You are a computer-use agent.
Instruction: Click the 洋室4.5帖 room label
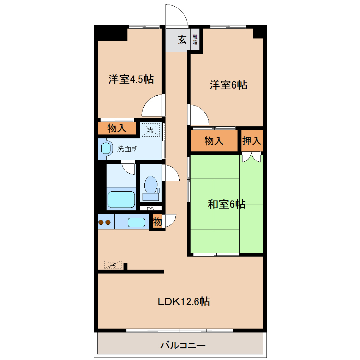click(131, 79)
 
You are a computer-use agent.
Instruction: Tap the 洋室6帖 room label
click(228, 85)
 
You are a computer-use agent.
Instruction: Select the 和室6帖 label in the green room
click(227, 204)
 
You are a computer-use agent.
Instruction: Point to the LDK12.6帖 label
click(184, 302)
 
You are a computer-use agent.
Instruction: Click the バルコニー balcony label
click(183, 345)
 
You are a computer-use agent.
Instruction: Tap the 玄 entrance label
click(182, 40)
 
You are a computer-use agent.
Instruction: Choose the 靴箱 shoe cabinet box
click(195, 40)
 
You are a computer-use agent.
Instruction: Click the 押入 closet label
click(252, 141)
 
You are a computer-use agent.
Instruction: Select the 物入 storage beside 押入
click(214, 141)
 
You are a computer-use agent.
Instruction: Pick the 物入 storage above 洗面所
click(117, 128)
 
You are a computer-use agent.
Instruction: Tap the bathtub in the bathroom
click(121, 200)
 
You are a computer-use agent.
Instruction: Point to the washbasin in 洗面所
click(106, 148)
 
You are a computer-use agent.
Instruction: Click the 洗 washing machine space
click(150, 130)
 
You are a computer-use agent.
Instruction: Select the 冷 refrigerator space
click(113, 265)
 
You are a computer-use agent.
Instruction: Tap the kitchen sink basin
click(136, 222)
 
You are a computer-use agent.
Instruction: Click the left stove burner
click(101, 222)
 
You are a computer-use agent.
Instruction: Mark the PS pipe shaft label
click(150, 209)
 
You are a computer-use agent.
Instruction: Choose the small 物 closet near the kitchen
click(157, 222)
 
